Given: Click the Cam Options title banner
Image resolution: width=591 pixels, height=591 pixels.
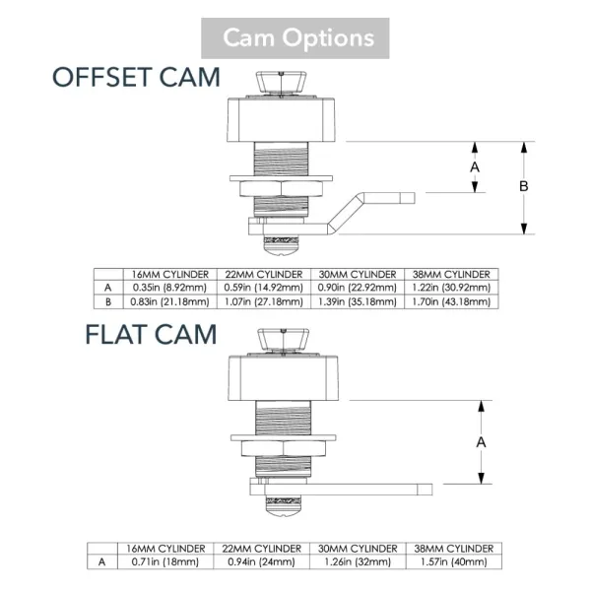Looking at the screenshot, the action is coord(295,38).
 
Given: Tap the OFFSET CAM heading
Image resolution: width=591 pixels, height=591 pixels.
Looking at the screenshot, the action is coord(136,77).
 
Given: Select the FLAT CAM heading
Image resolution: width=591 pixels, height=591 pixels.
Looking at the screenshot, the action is coord(151,334).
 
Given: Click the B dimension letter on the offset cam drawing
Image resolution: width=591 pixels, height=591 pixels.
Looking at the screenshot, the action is coord(524,186).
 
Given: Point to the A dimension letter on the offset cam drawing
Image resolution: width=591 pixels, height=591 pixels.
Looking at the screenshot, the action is coord(475,167).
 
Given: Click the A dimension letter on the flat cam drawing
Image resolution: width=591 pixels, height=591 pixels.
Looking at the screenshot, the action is coord(481,442).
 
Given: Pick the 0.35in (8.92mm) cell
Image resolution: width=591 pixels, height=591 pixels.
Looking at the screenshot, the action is coord(169,288).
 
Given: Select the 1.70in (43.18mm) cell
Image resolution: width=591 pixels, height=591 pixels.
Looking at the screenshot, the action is coord(451,301).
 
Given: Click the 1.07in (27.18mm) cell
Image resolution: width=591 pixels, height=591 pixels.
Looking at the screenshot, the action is coord(264,301).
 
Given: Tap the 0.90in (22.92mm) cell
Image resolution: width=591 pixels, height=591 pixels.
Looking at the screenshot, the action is coord(358,288).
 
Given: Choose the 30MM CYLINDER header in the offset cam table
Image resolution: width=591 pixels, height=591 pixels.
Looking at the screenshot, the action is coord(358,274).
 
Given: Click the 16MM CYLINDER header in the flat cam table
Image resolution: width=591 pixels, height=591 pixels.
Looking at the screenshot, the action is coord(165,549).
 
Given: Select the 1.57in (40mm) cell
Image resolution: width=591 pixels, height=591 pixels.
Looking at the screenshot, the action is coord(454,562).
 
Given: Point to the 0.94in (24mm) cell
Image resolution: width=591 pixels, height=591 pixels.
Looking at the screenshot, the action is coord(261,562).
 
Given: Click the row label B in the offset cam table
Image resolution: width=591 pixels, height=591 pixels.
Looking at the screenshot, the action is coord(108,302).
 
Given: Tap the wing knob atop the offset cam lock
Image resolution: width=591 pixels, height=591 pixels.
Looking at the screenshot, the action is coord(281,83).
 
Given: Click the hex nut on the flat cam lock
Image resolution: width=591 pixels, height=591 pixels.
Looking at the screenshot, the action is coord(283,448).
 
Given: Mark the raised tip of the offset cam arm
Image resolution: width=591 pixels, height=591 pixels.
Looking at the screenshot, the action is coord(408,198).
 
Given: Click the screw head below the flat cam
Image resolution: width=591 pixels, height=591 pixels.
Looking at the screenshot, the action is coord(283,510).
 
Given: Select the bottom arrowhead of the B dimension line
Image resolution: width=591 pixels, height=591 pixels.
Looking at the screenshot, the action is coord(524,229).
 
